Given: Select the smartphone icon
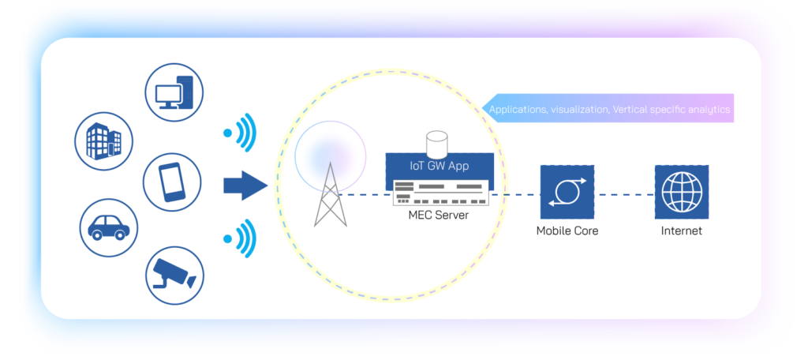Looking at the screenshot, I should coord(171,182).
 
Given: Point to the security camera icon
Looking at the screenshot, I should coord(174,273).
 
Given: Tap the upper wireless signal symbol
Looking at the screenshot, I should coord(241,132).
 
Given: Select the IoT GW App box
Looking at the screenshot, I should coord(440,167).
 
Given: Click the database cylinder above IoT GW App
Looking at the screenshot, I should coord(437,144).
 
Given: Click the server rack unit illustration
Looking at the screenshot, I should coord(440,192).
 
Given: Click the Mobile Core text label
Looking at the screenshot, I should coord(567,231).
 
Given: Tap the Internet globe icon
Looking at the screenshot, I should coord(681,193).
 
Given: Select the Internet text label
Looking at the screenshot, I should coord(681,231).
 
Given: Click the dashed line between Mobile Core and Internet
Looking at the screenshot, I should coord(623,194).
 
